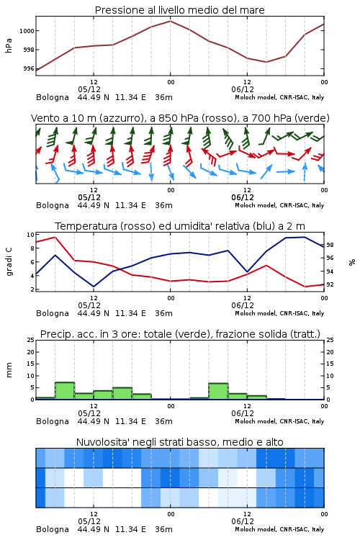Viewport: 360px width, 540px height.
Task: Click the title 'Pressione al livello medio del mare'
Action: (179, 10)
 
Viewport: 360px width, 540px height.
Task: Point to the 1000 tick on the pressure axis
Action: (26, 31)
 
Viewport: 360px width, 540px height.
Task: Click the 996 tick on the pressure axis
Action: (29, 68)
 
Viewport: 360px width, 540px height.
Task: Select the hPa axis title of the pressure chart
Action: (9, 45)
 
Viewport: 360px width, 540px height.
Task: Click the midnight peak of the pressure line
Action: (170, 21)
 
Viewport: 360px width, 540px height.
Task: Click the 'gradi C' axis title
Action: (9, 262)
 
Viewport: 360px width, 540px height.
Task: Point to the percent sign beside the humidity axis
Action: (352, 262)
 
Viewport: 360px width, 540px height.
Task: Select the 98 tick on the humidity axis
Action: (330, 245)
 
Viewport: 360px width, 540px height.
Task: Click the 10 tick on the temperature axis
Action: (30, 235)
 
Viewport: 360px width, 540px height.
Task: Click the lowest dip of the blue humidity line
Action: (94, 287)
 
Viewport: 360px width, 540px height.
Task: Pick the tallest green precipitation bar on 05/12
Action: (65, 391)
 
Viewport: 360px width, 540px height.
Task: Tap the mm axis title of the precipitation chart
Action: (9, 370)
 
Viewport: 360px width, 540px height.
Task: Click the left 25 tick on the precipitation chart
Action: (30, 340)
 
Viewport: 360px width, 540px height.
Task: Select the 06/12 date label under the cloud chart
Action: (243, 521)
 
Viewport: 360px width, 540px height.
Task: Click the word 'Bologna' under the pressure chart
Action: (53, 97)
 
